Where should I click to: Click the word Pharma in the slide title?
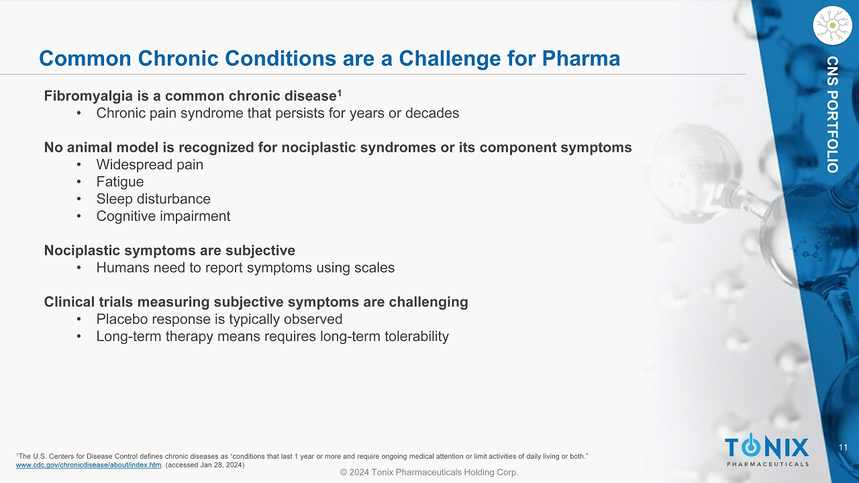point(580,58)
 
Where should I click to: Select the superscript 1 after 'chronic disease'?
point(339,93)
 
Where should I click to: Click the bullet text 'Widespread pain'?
point(150,165)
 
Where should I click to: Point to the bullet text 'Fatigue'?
point(120,182)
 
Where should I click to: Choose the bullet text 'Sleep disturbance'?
point(154,199)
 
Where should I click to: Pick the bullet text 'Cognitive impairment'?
point(163,216)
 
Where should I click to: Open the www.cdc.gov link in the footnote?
point(89,465)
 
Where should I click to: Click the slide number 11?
point(843,447)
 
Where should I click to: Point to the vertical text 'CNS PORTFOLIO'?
point(832,114)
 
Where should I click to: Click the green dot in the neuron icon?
point(833,26)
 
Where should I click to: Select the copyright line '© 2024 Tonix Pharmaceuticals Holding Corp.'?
point(429,472)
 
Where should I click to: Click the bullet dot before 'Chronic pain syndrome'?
point(79,114)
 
